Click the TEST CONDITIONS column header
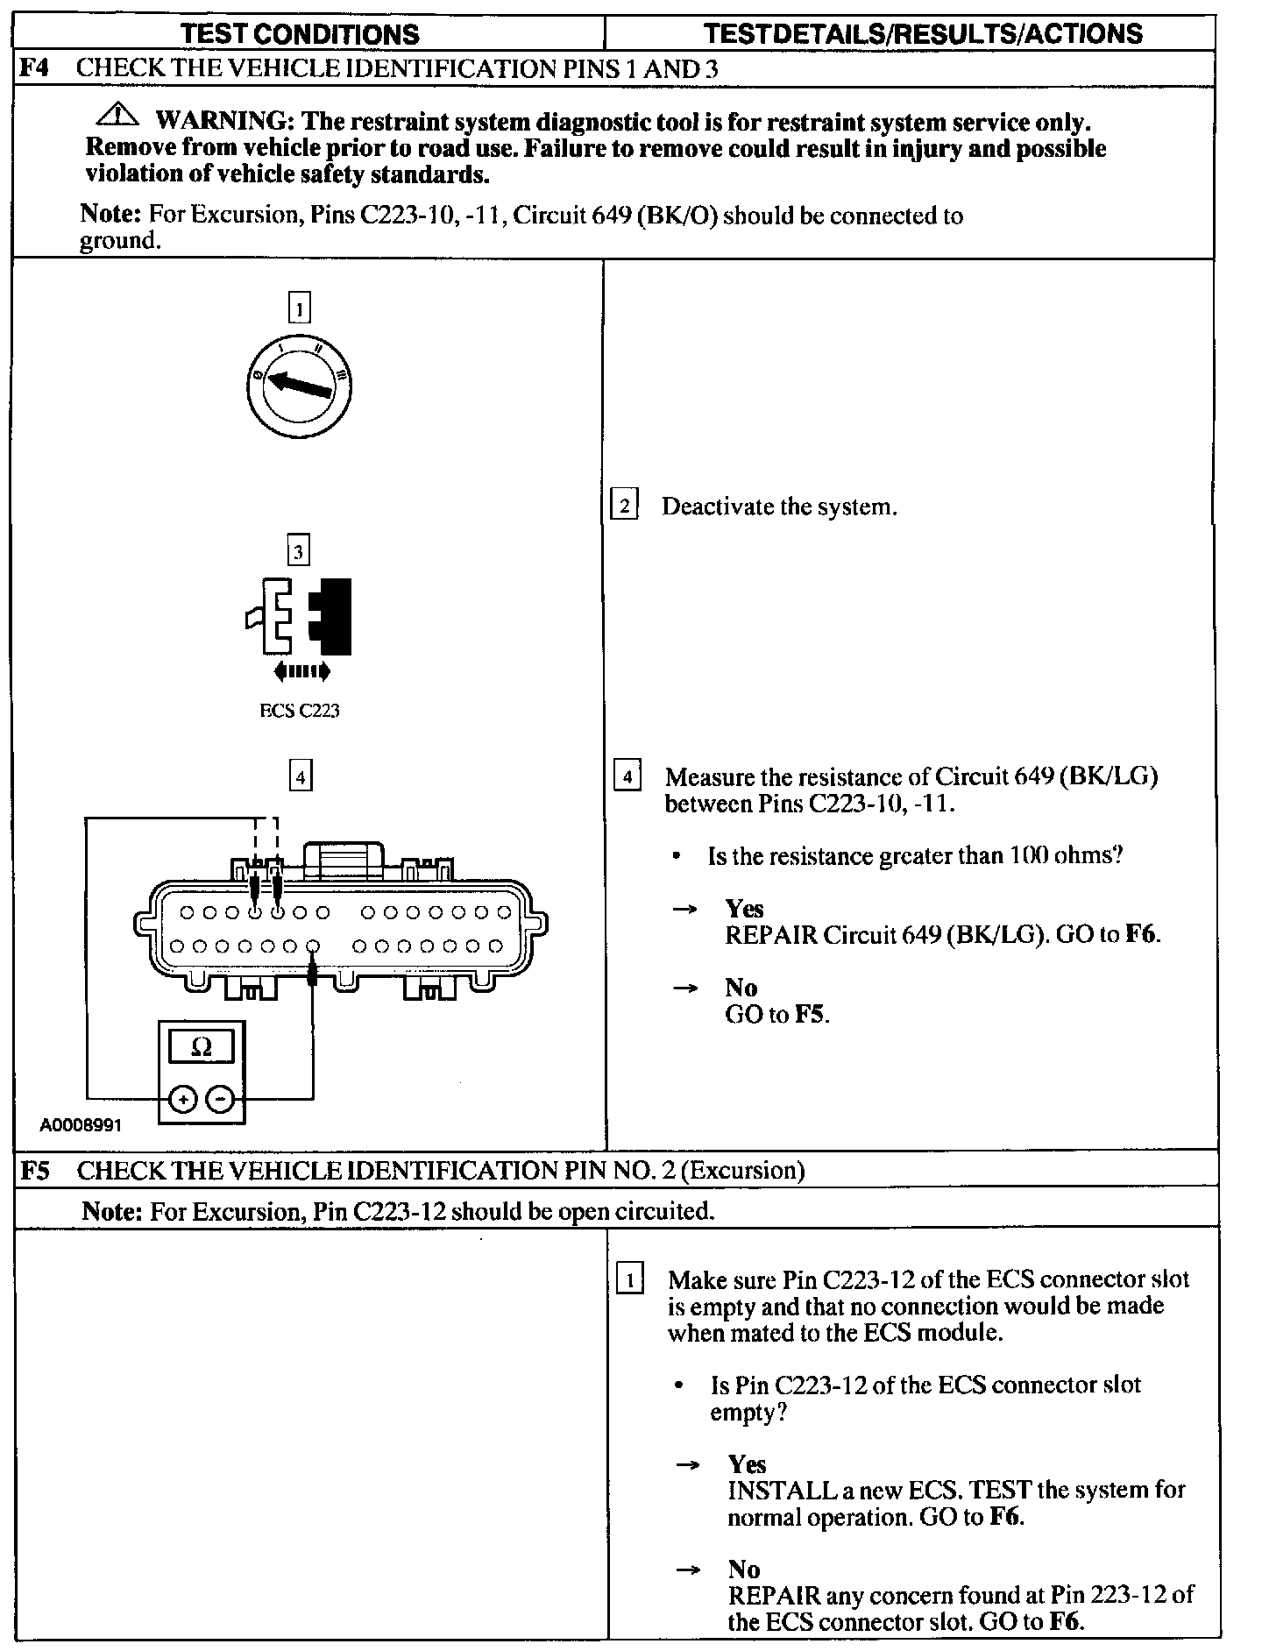[300, 33]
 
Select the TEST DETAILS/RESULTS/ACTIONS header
[923, 33]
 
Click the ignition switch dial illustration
[299, 386]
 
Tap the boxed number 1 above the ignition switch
[299, 308]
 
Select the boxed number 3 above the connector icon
[299, 552]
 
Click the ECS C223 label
[299, 711]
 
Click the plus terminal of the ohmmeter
[181, 1098]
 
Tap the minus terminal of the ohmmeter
[223, 1098]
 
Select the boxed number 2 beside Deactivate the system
[624, 507]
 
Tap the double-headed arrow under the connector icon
[302, 672]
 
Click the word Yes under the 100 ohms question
[744, 909]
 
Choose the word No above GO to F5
[741, 988]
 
